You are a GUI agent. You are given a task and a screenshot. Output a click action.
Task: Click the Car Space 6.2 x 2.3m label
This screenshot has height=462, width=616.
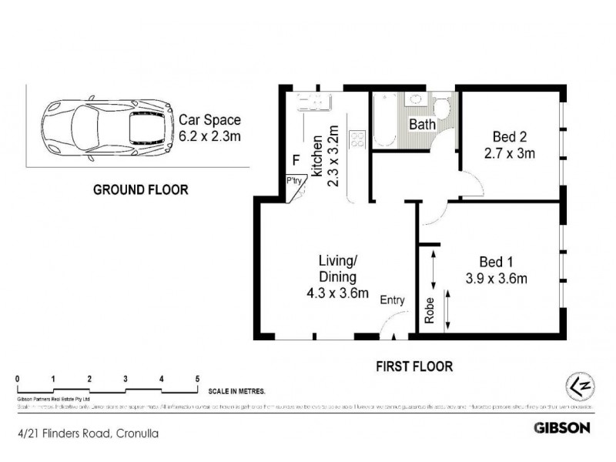(x=210, y=127)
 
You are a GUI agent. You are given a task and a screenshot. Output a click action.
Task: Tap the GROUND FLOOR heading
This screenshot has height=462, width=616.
(x=139, y=190)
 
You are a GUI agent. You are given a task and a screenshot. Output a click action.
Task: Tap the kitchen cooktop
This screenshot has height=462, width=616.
(x=357, y=139)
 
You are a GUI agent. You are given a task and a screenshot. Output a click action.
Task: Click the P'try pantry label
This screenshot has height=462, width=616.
(x=293, y=182)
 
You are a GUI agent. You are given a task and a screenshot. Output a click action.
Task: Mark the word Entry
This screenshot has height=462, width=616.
(x=392, y=300)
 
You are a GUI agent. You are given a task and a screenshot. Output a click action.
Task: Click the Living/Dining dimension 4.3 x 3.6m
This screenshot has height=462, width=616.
(x=337, y=292)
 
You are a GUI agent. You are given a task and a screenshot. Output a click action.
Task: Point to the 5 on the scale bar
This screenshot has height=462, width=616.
(x=198, y=378)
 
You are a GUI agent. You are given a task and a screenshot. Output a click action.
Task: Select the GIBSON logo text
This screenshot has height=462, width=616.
(x=562, y=427)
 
